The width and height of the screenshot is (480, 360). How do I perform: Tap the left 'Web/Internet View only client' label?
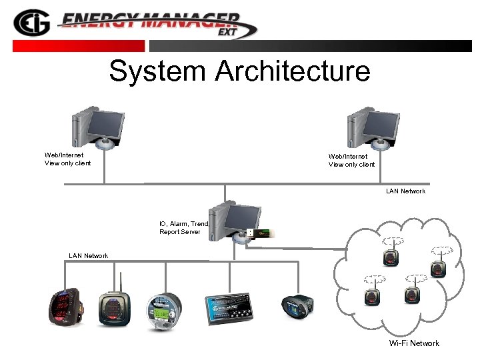(x=67, y=159)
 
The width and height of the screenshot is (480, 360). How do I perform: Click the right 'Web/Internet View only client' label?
(x=351, y=160)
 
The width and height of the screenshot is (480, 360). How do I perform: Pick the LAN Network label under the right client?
(x=405, y=191)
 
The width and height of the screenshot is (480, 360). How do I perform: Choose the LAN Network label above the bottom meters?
(x=88, y=255)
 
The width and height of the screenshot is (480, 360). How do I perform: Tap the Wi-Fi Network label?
(x=414, y=343)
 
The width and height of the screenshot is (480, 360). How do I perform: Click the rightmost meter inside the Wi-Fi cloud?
(x=438, y=267)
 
